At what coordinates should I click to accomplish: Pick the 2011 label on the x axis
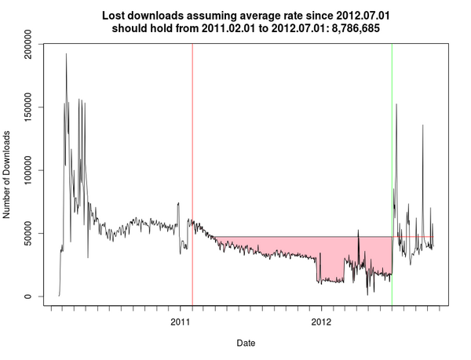pos(181,322)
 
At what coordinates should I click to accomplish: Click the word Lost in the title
pos(115,15)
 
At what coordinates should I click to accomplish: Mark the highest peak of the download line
pos(66,54)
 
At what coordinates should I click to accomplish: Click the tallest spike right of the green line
pos(396,104)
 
